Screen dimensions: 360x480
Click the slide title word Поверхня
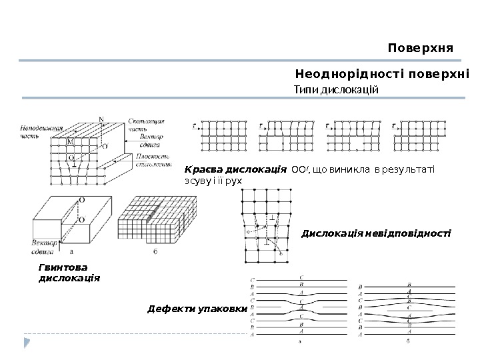click(420, 49)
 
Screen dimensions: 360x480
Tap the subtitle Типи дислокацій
click(336, 89)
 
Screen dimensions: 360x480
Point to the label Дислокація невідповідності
click(376, 233)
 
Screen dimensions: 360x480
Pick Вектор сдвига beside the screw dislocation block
click(44, 246)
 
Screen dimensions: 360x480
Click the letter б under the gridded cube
click(155, 251)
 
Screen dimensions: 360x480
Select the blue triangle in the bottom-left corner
click(27, 343)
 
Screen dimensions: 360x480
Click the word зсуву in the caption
click(195, 181)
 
